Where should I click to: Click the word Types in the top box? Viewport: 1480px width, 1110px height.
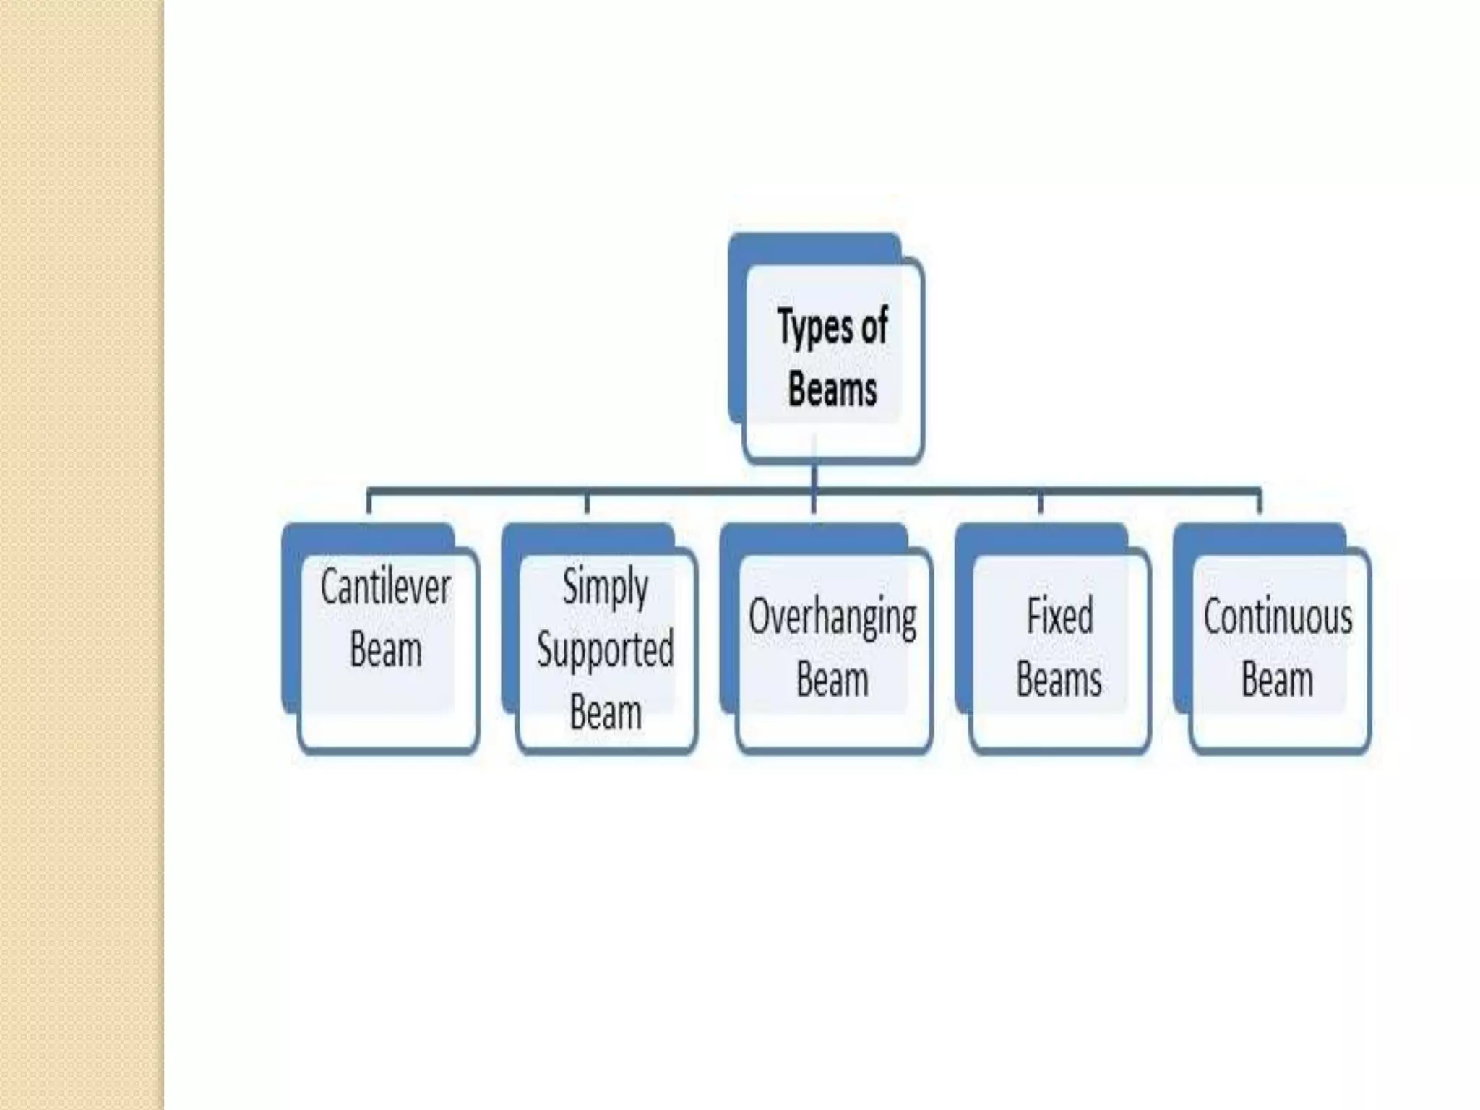point(812,327)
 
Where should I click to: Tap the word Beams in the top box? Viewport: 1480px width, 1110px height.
point(832,390)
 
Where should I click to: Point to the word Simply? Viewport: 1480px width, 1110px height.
point(606,587)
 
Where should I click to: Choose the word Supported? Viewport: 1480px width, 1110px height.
point(606,649)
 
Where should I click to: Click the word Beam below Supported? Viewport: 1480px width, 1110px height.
point(606,712)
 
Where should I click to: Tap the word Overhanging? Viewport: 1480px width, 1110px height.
point(832,618)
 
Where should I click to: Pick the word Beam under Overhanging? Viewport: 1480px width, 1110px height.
point(832,680)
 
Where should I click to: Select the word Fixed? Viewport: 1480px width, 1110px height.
point(1059,617)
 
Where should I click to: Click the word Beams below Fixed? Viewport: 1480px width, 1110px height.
point(1059,680)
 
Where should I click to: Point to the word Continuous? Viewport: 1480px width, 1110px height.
point(1278,617)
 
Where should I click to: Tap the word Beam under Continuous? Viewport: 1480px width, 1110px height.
point(1278,680)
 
